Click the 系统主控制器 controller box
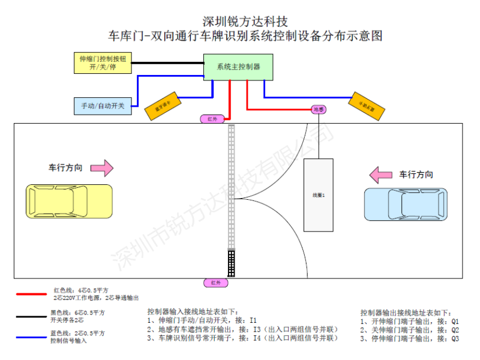(238, 67)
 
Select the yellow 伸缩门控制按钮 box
(102, 62)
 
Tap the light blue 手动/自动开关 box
(103, 106)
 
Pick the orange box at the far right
(367, 106)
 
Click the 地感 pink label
(319, 109)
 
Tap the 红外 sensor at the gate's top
(214, 118)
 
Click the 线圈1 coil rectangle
(318, 195)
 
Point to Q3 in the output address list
(455, 338)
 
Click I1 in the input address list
(253, 320)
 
